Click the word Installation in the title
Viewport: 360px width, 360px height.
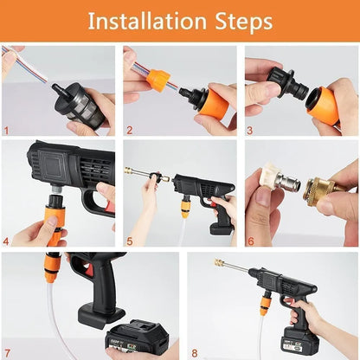pos(144,21)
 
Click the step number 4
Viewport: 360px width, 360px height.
pos(6,241)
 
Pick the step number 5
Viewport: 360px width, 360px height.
pos(128,241)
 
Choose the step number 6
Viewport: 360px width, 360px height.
pos(250,241)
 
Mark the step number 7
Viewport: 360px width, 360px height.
pos(6,352)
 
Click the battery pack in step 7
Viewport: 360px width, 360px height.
pos(137,337)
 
